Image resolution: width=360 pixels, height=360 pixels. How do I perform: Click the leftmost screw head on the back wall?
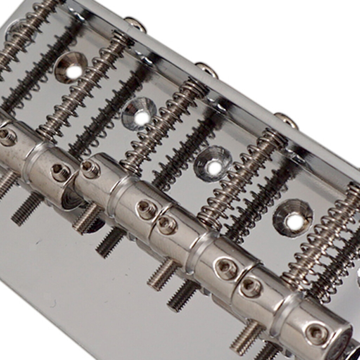135,24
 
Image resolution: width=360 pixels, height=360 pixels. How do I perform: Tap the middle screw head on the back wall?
207,69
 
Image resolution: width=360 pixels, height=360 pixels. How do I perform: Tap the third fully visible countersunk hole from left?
213,164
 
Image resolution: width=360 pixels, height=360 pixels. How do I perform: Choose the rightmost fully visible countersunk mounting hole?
293,218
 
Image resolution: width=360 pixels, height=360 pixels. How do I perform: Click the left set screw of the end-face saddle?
251,287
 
